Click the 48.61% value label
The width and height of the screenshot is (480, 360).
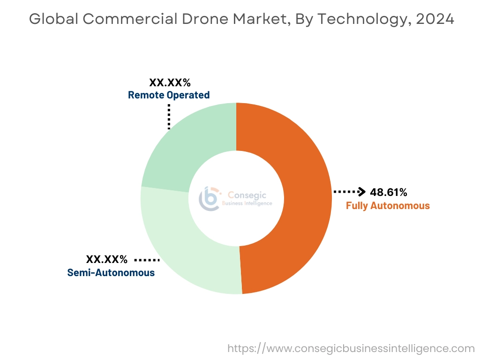(x=389, y=192)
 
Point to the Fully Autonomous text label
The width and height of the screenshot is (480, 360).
(x=388, y=205)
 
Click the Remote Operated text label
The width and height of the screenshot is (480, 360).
(x=169, y=95)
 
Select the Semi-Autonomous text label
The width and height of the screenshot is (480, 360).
(x=111, y=272)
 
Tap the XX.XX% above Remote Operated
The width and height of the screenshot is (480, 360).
(x=170, y=83)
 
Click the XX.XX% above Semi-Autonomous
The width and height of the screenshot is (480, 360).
(x=106, y=259)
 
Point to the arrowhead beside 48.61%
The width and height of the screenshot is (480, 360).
(x=361, y=191)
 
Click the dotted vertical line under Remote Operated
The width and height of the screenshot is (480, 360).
(x=169, y=116)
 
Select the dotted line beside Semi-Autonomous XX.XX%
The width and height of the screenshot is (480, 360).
(x=147, y=259)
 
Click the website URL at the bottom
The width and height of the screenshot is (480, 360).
(x=351, y=348)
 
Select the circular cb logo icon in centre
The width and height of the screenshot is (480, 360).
(x=209, y=199)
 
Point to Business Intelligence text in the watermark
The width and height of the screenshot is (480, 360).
(x=247, y=203)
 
